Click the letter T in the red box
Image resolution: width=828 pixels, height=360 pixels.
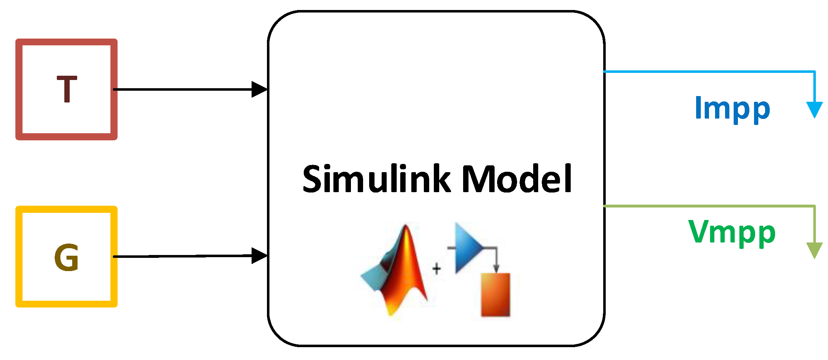point(67,89)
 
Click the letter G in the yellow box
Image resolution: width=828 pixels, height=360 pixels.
point(66,257)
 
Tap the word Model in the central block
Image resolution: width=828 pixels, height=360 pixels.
point(517,179)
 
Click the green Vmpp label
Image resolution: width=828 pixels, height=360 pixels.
point(732,232)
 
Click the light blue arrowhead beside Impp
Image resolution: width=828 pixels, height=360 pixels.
point(815,109)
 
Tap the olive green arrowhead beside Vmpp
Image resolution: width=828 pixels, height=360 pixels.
point(815,250)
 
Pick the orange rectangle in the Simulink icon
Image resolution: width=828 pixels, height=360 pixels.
point(495,295)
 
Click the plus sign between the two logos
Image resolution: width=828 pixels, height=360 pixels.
point(436,269)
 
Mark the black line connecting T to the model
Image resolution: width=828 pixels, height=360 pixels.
point(182,89)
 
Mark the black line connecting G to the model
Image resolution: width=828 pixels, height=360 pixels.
point(182,256)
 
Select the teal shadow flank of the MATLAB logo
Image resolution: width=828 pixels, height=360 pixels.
point(373,277)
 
